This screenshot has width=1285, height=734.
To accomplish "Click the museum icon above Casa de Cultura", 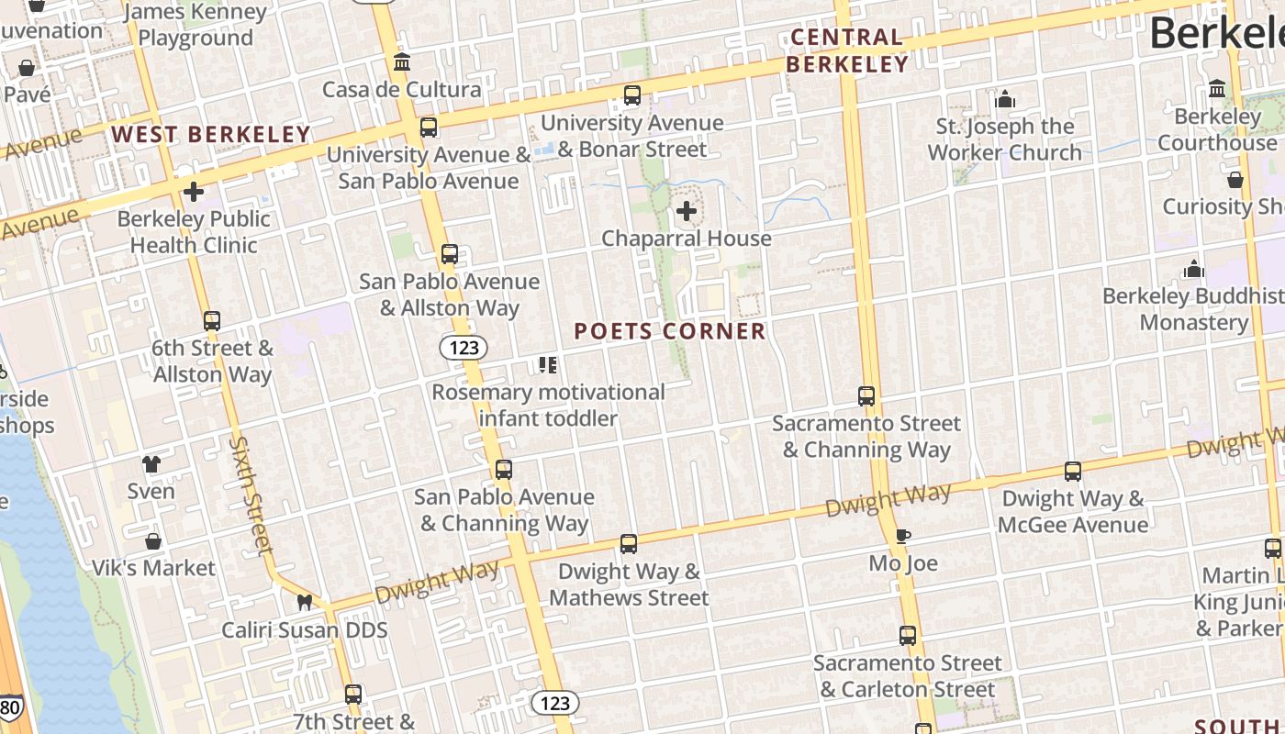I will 402,62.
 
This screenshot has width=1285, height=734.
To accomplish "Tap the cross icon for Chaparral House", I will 687,212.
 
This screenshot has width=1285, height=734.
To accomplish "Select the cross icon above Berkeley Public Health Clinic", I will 194,192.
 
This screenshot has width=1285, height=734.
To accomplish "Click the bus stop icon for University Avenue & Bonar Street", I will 631,95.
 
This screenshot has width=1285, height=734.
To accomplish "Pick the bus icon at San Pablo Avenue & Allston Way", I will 449,254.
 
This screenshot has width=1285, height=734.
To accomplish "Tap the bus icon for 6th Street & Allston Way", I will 212,321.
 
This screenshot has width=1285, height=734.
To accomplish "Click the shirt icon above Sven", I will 151,464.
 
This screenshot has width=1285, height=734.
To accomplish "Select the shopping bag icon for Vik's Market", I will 153,541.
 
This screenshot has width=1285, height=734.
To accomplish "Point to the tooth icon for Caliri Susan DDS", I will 305,603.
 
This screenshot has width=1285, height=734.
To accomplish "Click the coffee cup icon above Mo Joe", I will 903,536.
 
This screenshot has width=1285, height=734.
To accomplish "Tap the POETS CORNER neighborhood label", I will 670,331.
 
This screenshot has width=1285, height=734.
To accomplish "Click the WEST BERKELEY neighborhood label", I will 211,135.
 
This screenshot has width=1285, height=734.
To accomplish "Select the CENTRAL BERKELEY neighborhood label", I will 846,50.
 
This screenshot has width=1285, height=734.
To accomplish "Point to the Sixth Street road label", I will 252,495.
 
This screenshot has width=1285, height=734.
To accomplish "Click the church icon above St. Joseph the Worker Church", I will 1005,99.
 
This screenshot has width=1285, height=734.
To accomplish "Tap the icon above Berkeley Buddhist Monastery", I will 1194,270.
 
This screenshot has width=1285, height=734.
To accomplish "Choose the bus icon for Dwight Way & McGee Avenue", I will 1073,472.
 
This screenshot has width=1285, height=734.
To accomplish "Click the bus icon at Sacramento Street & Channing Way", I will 866,396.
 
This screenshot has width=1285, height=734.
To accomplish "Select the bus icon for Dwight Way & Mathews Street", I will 629,544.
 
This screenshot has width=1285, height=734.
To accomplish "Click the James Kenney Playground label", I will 195,25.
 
